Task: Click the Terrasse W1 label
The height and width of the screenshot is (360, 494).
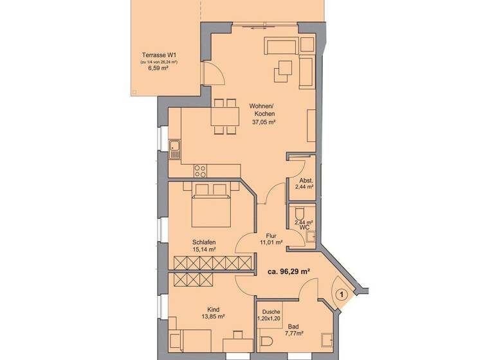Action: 159,55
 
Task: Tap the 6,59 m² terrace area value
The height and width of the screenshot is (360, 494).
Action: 159,67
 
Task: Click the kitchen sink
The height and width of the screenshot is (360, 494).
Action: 174,149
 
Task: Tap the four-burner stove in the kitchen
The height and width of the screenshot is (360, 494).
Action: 201,171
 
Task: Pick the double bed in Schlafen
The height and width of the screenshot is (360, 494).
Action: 211,207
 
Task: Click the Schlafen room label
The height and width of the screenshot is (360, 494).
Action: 203,242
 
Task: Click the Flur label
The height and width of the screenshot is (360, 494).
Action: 271,236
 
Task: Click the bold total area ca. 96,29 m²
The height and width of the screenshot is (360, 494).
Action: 289,272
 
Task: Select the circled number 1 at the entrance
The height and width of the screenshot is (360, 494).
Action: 342,294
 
